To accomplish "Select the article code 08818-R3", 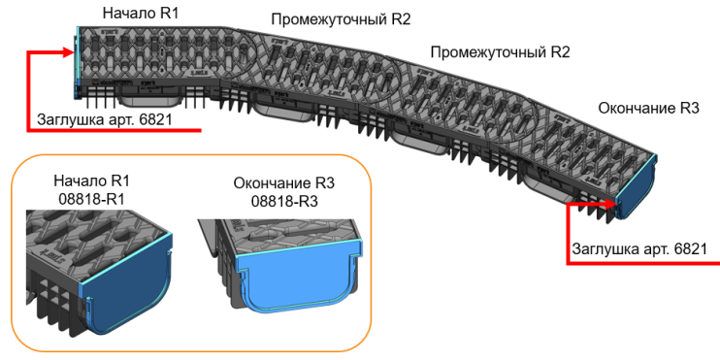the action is point(284,201).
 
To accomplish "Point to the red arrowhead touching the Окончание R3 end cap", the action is point(609,203).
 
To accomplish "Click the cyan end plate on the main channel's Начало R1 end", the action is point(78,62).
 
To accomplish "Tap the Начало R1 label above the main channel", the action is point(140,13).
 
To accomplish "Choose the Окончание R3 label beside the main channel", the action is point(648,109).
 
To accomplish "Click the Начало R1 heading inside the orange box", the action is point(92,180).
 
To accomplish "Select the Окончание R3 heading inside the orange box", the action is point(284,183).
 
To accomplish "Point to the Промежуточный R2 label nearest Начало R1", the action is point(341,19).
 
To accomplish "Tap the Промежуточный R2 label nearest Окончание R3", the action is point(500,52).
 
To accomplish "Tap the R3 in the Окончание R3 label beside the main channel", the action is point(689,109).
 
